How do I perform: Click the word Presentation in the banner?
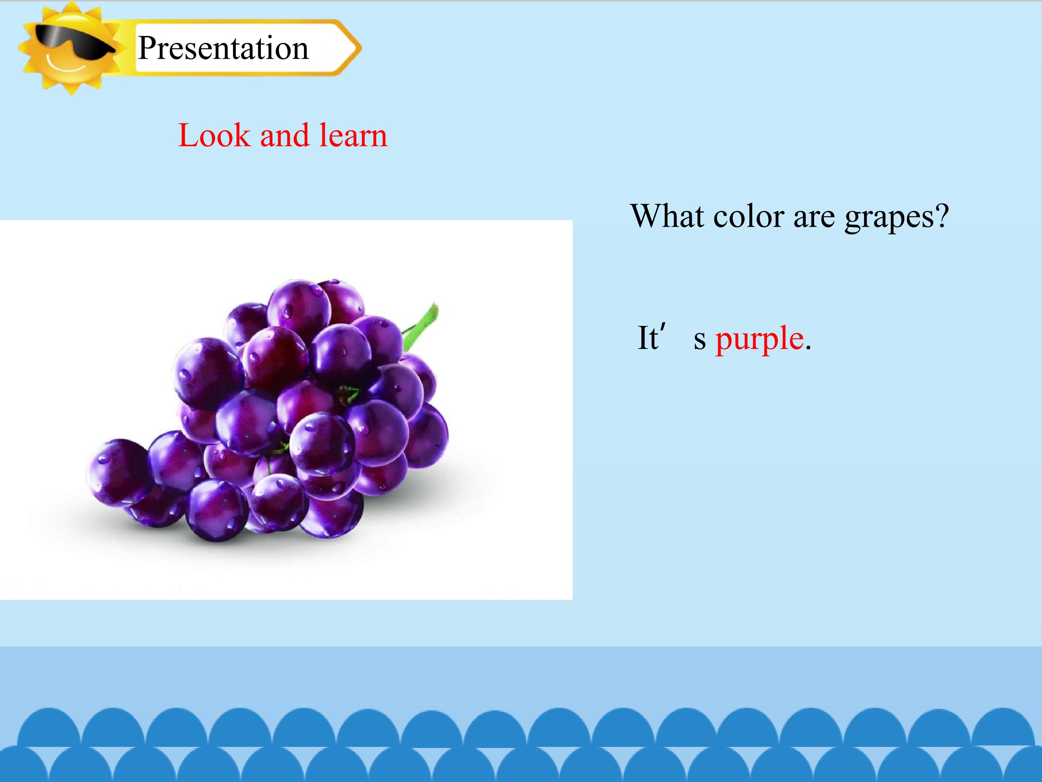click(x=223, y=48)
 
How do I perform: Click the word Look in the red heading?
click(x=214, y=136)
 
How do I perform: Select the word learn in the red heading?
click(x=353, y=136)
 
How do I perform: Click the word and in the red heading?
click(x=284, y=136)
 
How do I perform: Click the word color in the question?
click(x=749, y=216)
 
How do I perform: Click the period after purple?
click(x=808, y=348)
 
